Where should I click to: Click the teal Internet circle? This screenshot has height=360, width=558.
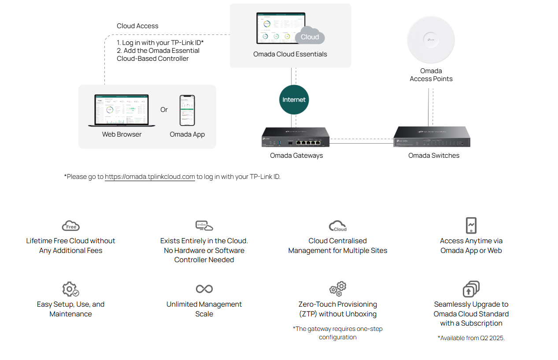tap(294, 100)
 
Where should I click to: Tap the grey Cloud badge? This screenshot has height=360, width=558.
tap(310, 37)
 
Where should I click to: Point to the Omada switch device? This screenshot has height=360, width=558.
tap(432, 137)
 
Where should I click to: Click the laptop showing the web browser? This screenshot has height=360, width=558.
tap(122, 111)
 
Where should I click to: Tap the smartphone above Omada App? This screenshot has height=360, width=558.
tap(187, 110)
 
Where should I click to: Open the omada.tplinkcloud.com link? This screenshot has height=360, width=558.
tap(150, 177)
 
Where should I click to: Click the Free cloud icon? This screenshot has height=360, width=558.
tap(70, 226)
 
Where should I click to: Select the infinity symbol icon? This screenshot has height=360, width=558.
tap(204, 289)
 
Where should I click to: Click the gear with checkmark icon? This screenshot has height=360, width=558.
tap(70, 289)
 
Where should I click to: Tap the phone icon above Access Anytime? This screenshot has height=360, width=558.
tap(471, 225)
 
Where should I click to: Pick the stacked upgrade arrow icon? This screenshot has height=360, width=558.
tap(471, 289)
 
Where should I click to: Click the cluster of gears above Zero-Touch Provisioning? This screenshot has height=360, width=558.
tap(338, 289)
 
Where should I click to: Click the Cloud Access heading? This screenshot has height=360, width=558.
tap(137, 26)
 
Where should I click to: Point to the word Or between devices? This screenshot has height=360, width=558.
tap(164, 110)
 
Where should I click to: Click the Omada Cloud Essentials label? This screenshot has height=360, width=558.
tap(290, 54)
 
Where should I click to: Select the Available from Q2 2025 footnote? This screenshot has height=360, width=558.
tap(471, 338)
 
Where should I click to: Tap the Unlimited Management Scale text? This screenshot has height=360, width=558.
tap(204, 309)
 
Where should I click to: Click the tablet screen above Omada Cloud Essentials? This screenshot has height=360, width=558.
tap(281, 28)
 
